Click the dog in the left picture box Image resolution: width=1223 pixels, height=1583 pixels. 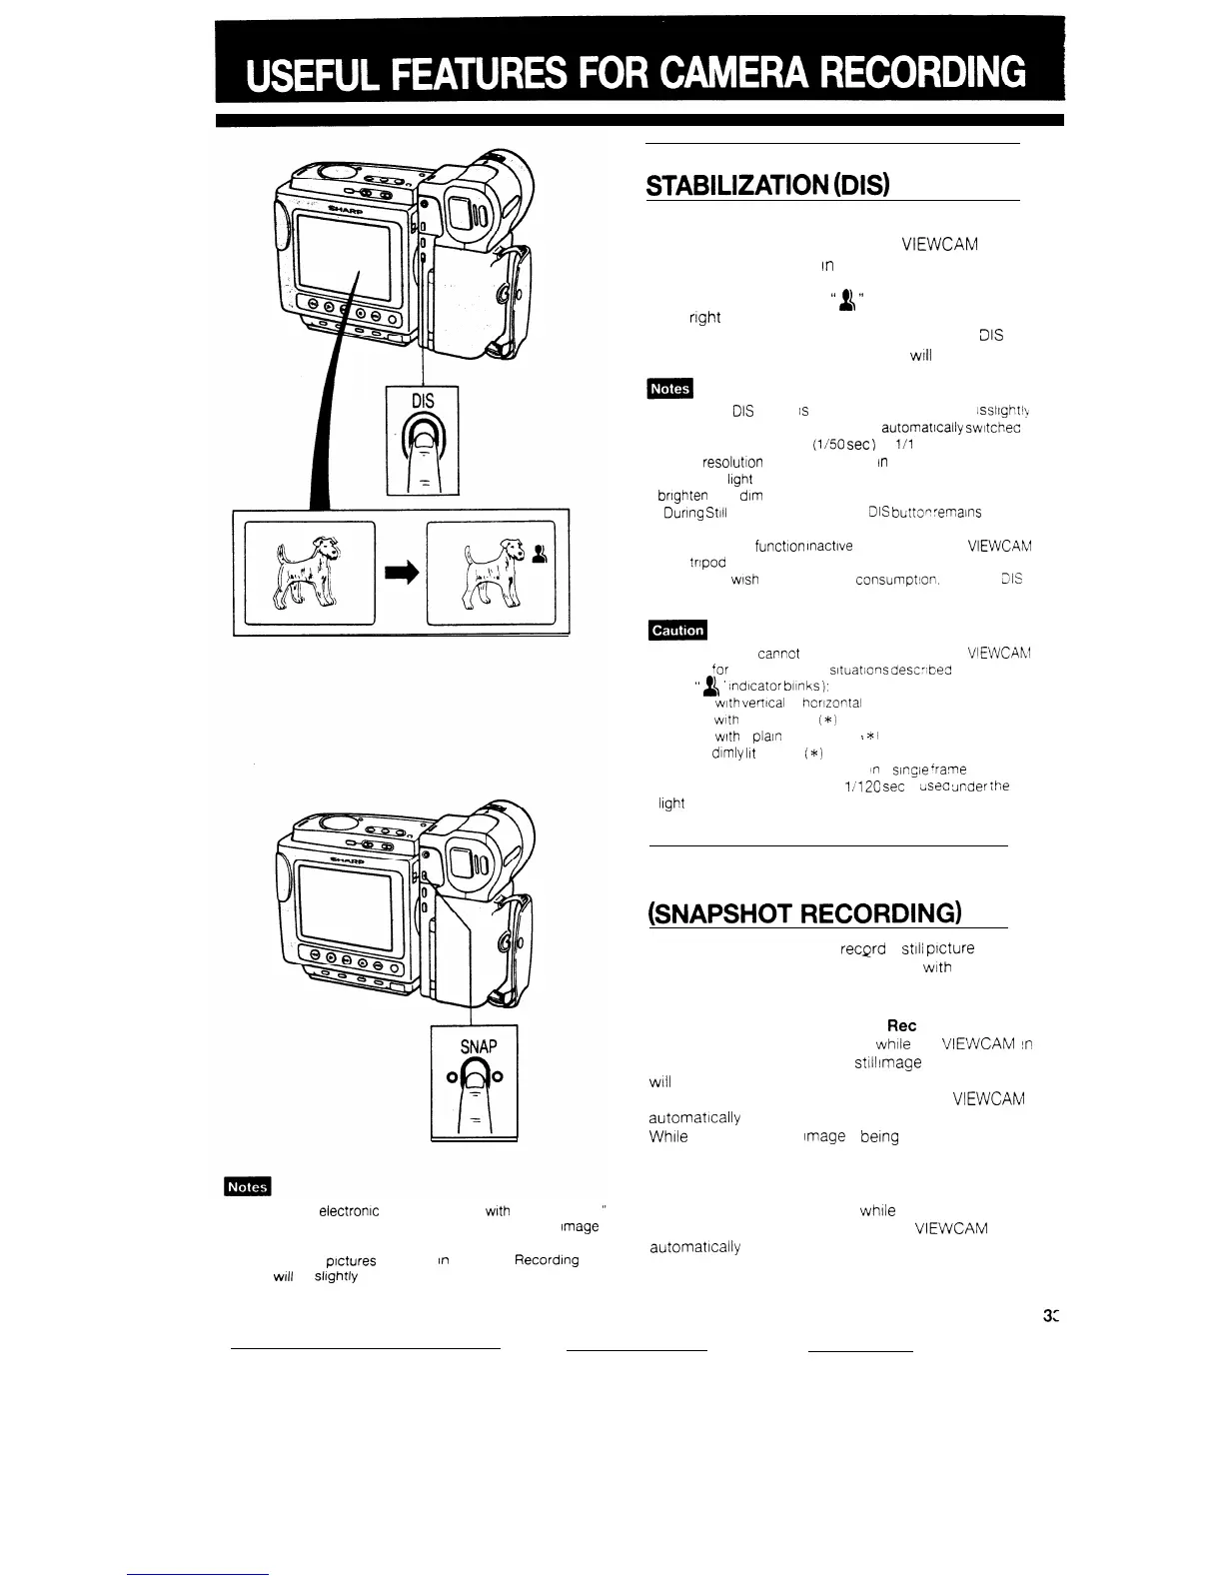point(304,575)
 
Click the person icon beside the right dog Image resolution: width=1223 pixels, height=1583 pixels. point(540,555)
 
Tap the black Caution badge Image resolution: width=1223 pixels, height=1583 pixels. point(677,630)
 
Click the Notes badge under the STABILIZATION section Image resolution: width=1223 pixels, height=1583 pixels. point(669,388)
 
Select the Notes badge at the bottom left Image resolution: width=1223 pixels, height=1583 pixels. point(246,1186)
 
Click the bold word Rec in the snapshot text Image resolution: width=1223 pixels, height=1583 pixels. point(901,1025)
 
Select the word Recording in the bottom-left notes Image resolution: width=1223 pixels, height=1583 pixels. point(546,1259)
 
